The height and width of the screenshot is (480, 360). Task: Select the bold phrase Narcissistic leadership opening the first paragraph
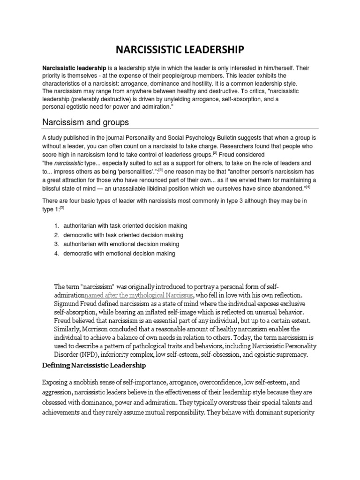click(75, 68)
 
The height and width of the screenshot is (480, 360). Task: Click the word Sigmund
click(68, 304)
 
